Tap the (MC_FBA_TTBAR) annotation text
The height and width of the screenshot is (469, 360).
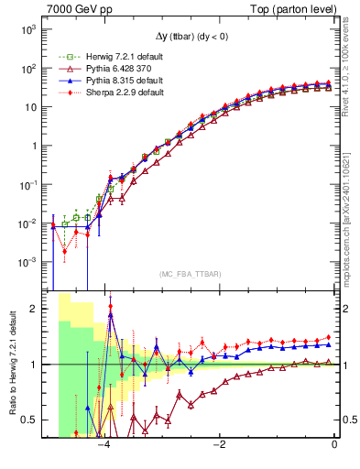coord(189,273)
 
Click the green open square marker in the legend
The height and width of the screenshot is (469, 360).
coord(62,58)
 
